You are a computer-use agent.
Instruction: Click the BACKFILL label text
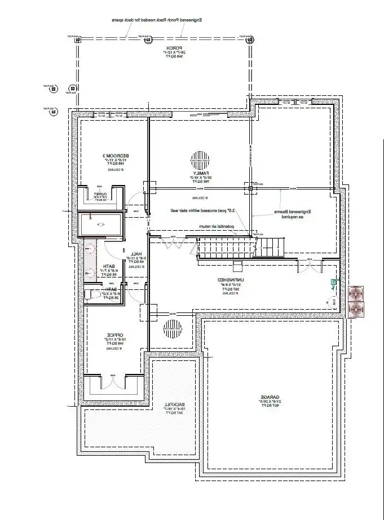click(x=172, y=406)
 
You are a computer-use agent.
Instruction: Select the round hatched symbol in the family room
click(x=198, y=158)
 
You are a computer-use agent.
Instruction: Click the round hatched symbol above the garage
click(x=172, y=328)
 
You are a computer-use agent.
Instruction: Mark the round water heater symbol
click(x=328, y=302)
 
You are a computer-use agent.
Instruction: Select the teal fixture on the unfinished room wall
click(x=333, y=284)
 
